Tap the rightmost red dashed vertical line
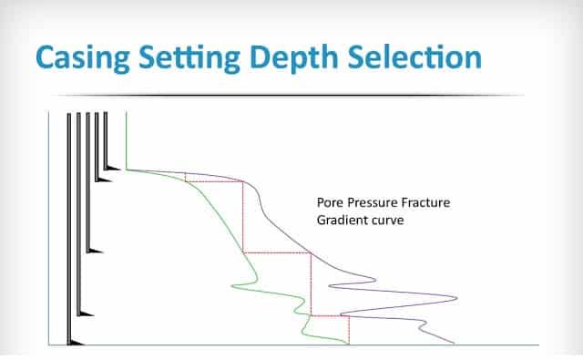350,330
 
